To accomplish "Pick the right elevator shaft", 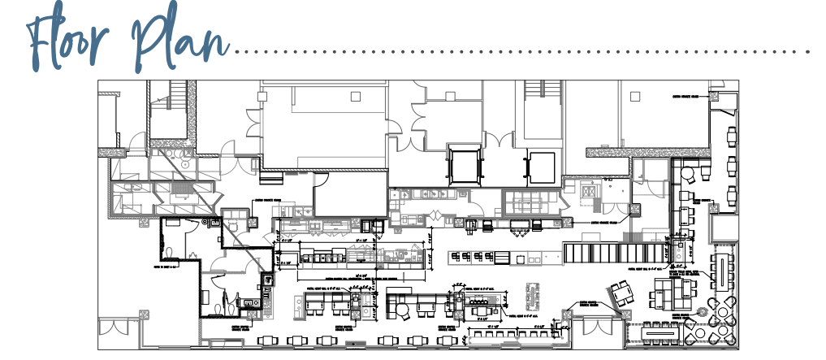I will click(541, 167).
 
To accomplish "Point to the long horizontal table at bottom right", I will click(663, 333).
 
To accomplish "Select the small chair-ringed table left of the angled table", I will click(535, 290).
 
